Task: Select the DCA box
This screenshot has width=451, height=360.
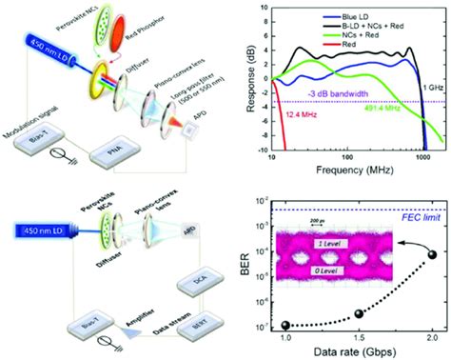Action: click(194, 282)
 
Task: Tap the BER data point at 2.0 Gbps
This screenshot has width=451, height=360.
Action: click(432, 254)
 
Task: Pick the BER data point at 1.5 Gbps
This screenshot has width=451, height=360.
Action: click(358, 313)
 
